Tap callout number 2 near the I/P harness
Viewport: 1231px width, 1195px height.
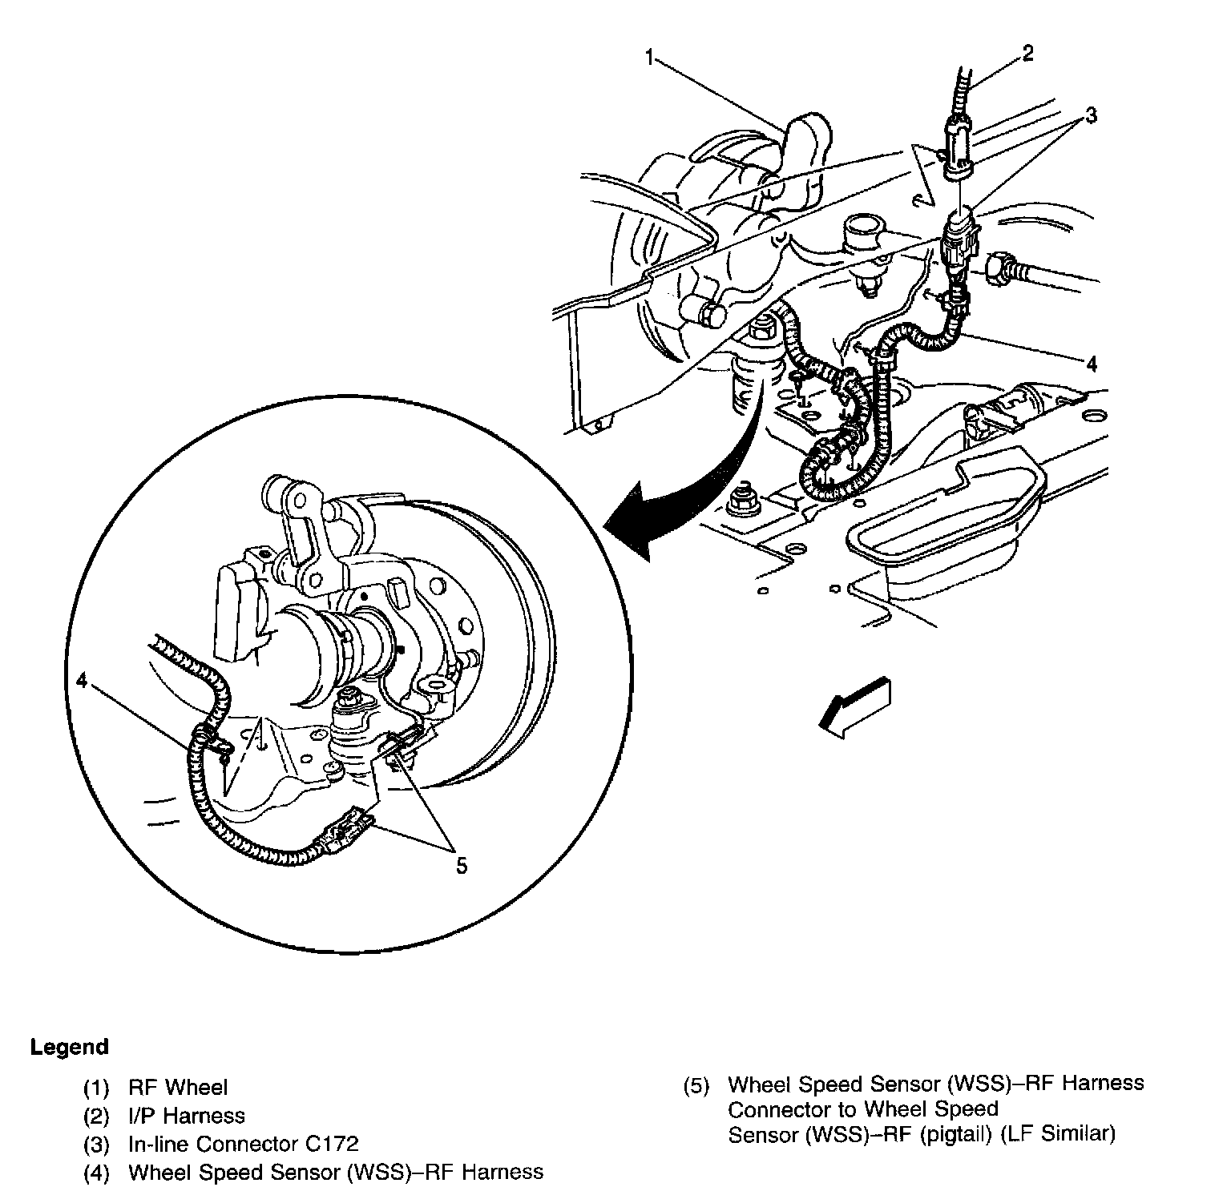(x=1028, y=54)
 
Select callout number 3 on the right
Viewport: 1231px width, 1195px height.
(x=1091, y=115)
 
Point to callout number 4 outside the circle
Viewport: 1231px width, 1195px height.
(x=1091, y=364)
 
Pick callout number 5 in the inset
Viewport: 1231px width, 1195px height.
(x=461, y=866)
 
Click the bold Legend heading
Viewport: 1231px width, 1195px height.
(x=69, y=1047)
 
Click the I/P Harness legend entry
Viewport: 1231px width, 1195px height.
(x=187, y=1116)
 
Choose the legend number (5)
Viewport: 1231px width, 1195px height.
(x=696, y=1086)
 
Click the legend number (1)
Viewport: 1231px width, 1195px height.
(x=96, y=1088)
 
